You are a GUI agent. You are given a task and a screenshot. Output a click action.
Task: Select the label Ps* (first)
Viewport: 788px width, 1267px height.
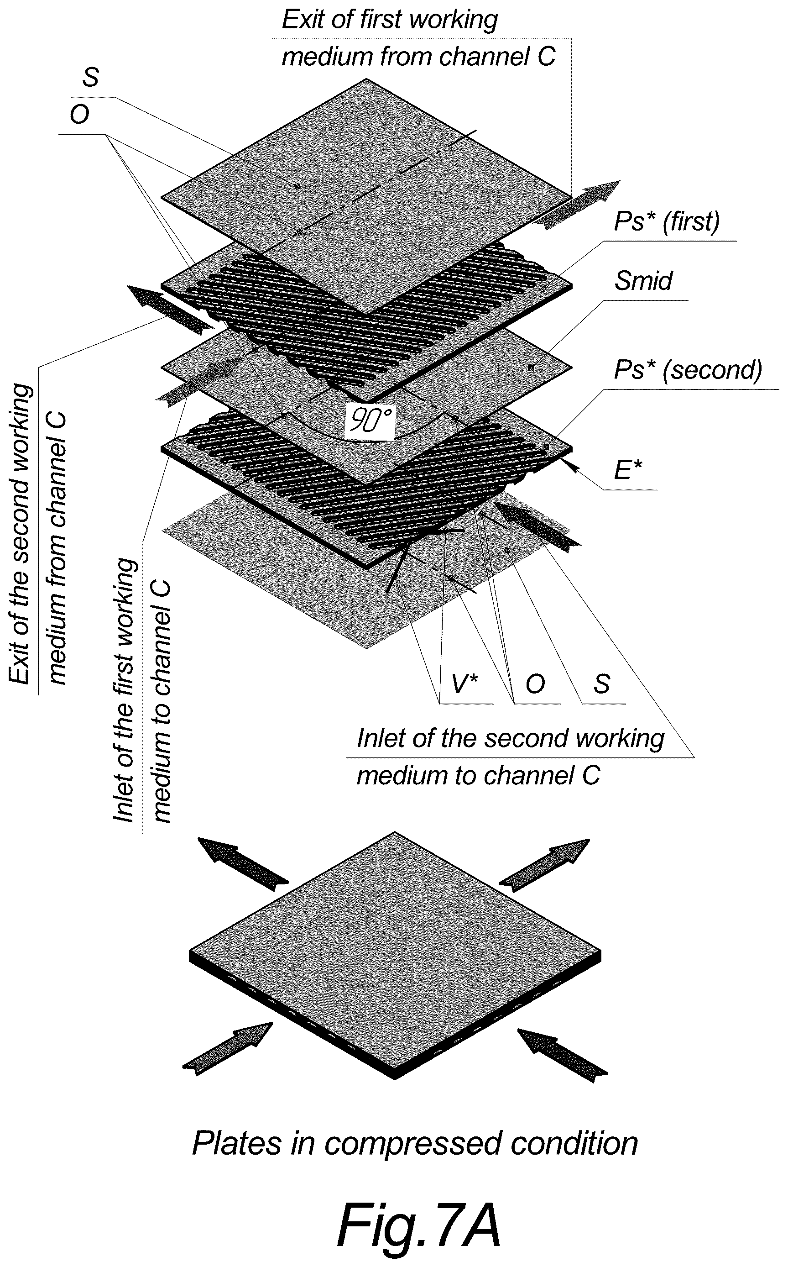(667, 222)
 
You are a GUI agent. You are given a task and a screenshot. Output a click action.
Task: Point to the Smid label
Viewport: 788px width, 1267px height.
(644, 281)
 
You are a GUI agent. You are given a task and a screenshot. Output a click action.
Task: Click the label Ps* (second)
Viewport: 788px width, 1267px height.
(688, 371)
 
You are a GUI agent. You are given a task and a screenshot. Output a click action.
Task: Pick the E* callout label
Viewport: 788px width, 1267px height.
(628, 470)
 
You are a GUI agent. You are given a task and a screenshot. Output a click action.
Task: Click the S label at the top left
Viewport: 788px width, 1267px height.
(90, 78)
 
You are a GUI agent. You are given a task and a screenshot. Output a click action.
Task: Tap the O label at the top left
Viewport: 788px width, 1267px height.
(80, 115)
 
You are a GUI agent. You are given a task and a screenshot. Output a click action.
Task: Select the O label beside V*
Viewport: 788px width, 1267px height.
(535, 684)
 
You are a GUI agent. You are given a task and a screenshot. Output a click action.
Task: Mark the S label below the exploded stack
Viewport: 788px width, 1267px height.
(601, 684)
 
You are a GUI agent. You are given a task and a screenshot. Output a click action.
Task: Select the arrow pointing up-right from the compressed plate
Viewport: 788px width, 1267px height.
(544, 862)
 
